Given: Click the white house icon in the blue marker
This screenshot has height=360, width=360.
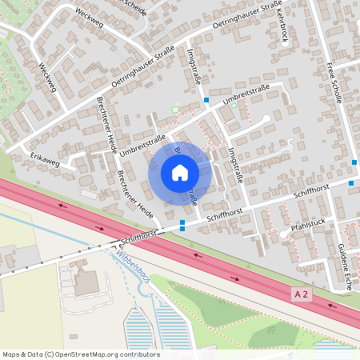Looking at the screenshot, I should point(180,173).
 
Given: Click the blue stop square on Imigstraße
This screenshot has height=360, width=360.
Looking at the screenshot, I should point(206,100).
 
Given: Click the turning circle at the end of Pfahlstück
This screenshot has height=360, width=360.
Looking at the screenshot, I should point(283,234).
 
